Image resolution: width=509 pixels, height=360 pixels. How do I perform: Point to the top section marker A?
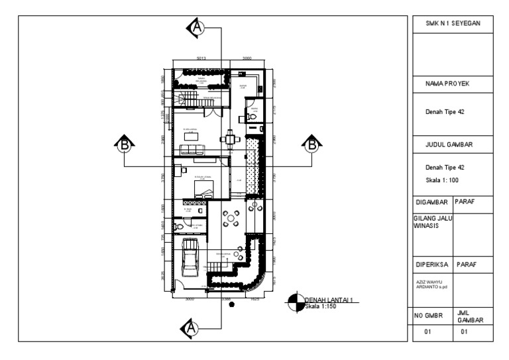point(197,26)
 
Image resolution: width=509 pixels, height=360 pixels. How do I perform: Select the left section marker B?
point(124,143)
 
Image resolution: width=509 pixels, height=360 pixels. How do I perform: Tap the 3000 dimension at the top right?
point(247,59)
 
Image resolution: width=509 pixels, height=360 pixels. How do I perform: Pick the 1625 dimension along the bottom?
point(256,299)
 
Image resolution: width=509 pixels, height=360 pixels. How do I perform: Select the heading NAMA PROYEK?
point(453,85)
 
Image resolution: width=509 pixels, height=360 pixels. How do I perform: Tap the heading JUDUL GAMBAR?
point(453,143)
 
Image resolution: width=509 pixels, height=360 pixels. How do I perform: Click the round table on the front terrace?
point(232,218)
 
